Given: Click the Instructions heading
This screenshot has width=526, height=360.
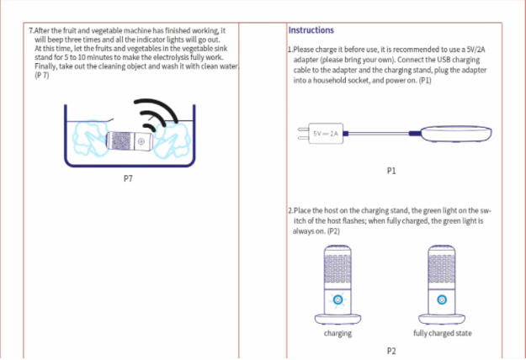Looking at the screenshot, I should click(311, 31).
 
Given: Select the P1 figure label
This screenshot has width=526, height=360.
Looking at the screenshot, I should click(391, 171).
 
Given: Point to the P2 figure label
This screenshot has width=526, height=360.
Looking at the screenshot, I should click(391, 350).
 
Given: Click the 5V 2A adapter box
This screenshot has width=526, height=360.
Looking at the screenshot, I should click(326, 134).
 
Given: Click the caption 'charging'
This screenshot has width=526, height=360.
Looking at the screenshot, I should click(338, 334).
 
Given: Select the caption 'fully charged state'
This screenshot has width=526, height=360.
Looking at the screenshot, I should click(443, 334).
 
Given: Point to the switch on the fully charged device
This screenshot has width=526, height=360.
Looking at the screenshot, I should click(443, 300).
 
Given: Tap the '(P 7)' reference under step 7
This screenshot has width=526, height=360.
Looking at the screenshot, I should click(42, 76).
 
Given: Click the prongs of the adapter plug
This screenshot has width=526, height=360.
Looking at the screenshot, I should click(303, 134).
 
